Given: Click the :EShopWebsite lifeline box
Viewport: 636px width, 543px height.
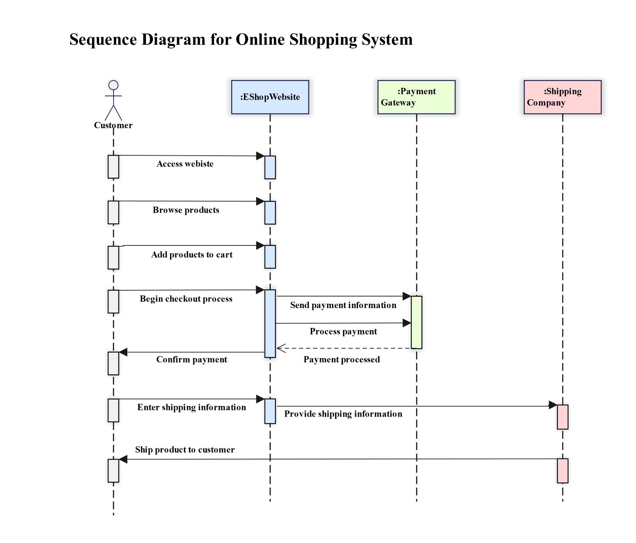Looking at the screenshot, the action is tap(270, 97).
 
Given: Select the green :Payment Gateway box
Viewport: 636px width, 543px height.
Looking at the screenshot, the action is tap(416, 97).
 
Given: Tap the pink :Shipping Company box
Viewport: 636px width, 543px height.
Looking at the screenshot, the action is tap(563, 97).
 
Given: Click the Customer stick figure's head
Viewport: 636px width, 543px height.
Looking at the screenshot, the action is tap(114, 85).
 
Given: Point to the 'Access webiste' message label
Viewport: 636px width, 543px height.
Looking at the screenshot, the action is tap(185, 164).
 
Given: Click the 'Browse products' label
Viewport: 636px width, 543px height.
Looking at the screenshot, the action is tap(186, 210).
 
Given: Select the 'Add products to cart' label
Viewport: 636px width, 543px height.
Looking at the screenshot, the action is tap(192, 255).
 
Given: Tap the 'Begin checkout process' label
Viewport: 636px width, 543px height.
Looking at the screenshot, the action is tap(186, 299).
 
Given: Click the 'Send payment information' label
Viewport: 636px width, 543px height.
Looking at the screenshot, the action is tap(343, 305).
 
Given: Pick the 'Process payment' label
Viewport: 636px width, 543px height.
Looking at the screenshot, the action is tap(343, 332).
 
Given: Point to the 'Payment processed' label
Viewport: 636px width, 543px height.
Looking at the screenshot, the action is tap(342, 359).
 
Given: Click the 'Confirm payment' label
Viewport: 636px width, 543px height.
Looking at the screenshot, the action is tap(192, 359).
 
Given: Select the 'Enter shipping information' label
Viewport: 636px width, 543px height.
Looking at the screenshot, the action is tap(192, 407).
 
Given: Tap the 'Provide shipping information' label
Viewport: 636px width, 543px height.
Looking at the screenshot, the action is tap(343, 414).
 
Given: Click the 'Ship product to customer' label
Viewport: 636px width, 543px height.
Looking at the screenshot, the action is tap(185, 450).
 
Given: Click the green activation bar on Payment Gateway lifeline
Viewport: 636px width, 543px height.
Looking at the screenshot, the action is tap(416, 322).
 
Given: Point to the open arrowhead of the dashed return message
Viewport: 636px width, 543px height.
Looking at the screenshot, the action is tap(281, 348).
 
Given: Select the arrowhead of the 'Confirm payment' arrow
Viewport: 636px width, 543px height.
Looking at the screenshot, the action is tap(123, 352).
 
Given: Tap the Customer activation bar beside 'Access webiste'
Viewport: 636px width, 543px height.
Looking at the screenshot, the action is tap(113, 167).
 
